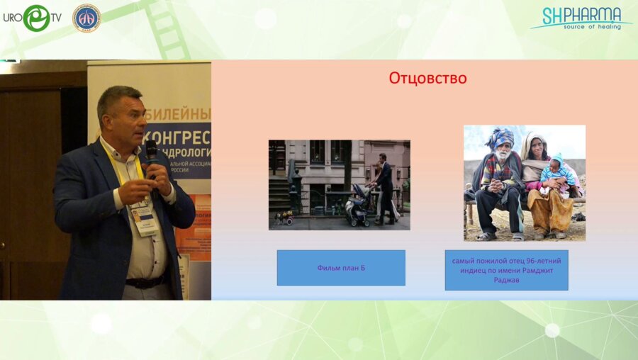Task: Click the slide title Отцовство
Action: [427, 78]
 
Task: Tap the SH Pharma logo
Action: [581, 18]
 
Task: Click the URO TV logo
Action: [31, 18]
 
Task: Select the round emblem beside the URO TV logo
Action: [86, 18]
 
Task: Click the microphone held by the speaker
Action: [151, 152]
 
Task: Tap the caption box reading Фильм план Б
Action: [341, 268]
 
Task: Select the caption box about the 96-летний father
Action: [506, 269]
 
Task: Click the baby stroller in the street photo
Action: [357, 205]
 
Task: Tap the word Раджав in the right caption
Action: [506, 279]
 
